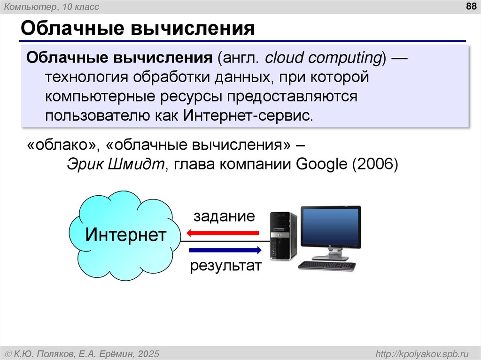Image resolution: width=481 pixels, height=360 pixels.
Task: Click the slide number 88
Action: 470,7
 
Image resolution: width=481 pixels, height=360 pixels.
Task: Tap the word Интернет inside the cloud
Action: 125,234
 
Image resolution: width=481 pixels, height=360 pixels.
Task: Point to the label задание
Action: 224,216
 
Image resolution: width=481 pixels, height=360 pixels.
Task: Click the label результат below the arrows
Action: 225,266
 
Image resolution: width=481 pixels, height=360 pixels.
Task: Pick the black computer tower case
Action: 283,236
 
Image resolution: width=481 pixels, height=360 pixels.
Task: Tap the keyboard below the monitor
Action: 327,266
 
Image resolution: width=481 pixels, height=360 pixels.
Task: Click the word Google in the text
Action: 319,165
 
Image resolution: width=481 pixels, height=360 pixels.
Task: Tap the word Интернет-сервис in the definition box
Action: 247,115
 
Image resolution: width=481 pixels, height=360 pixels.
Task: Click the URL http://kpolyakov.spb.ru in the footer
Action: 422,353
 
